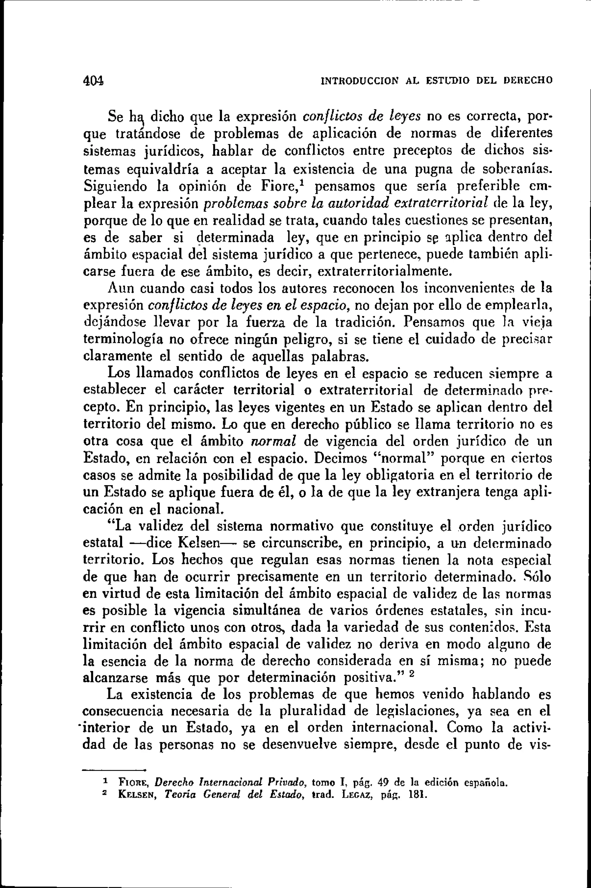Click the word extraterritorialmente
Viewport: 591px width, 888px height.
[385, 271]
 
